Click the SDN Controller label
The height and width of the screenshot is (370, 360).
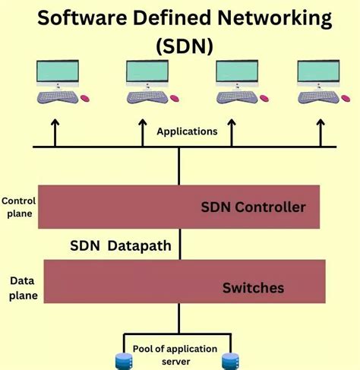pos(253,207)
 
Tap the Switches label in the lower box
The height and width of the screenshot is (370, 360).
pos(253,288)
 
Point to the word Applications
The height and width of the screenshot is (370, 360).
pos(187,131)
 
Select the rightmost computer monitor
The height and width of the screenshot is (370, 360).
pos(318,73)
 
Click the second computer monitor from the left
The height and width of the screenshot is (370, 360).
pos(146,73)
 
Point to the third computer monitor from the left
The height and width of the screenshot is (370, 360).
pos(235,73)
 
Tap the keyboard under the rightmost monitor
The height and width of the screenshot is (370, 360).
pos(317,97)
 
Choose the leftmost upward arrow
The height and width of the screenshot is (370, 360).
pos(54,133)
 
